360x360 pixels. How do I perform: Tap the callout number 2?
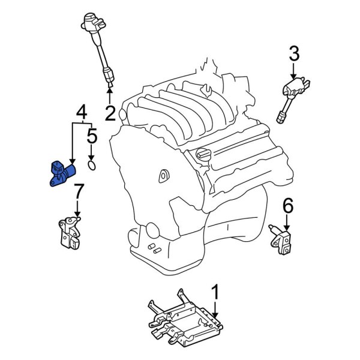click(x=110, y=112)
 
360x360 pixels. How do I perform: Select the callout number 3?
click(x=294, y=55)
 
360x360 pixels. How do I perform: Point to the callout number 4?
click(x=81, y=111)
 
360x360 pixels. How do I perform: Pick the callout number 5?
click(x=91, y=136)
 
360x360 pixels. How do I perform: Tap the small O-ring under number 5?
click(x=91, y=164)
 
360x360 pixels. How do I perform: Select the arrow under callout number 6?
click(x=287, y=223)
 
